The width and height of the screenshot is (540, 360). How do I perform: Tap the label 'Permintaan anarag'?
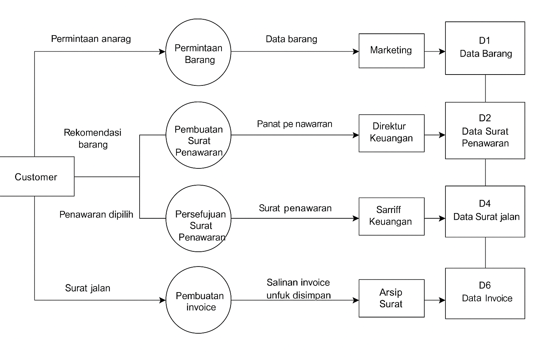tap(91, 39)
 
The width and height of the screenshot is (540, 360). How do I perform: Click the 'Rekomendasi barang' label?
tap(92, 139)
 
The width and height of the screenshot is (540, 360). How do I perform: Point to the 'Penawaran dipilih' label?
tap(96, 214)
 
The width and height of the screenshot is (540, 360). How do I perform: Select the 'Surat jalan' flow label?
tap(88, 288)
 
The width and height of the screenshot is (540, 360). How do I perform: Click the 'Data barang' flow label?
tap(291, 39)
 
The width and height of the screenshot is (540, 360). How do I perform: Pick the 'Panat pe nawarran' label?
tap(295, 124)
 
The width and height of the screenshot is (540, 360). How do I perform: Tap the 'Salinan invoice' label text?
tap(298, 282)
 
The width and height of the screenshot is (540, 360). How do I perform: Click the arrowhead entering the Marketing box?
tap(356, 51)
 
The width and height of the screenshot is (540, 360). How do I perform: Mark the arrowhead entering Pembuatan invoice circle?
tap(163, 300)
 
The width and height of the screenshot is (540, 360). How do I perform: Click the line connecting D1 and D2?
tap(485, 89)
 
